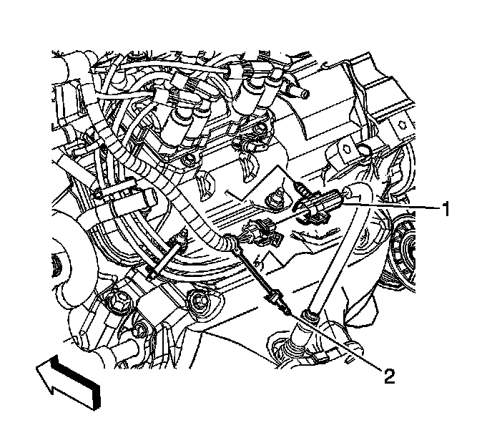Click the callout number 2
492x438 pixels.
click(x=389, y=375)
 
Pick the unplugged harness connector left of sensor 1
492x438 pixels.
click(x=260, y=233)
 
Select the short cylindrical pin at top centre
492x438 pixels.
click(x=301, y=94)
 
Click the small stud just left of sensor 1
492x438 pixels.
click(x=275, y=195)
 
